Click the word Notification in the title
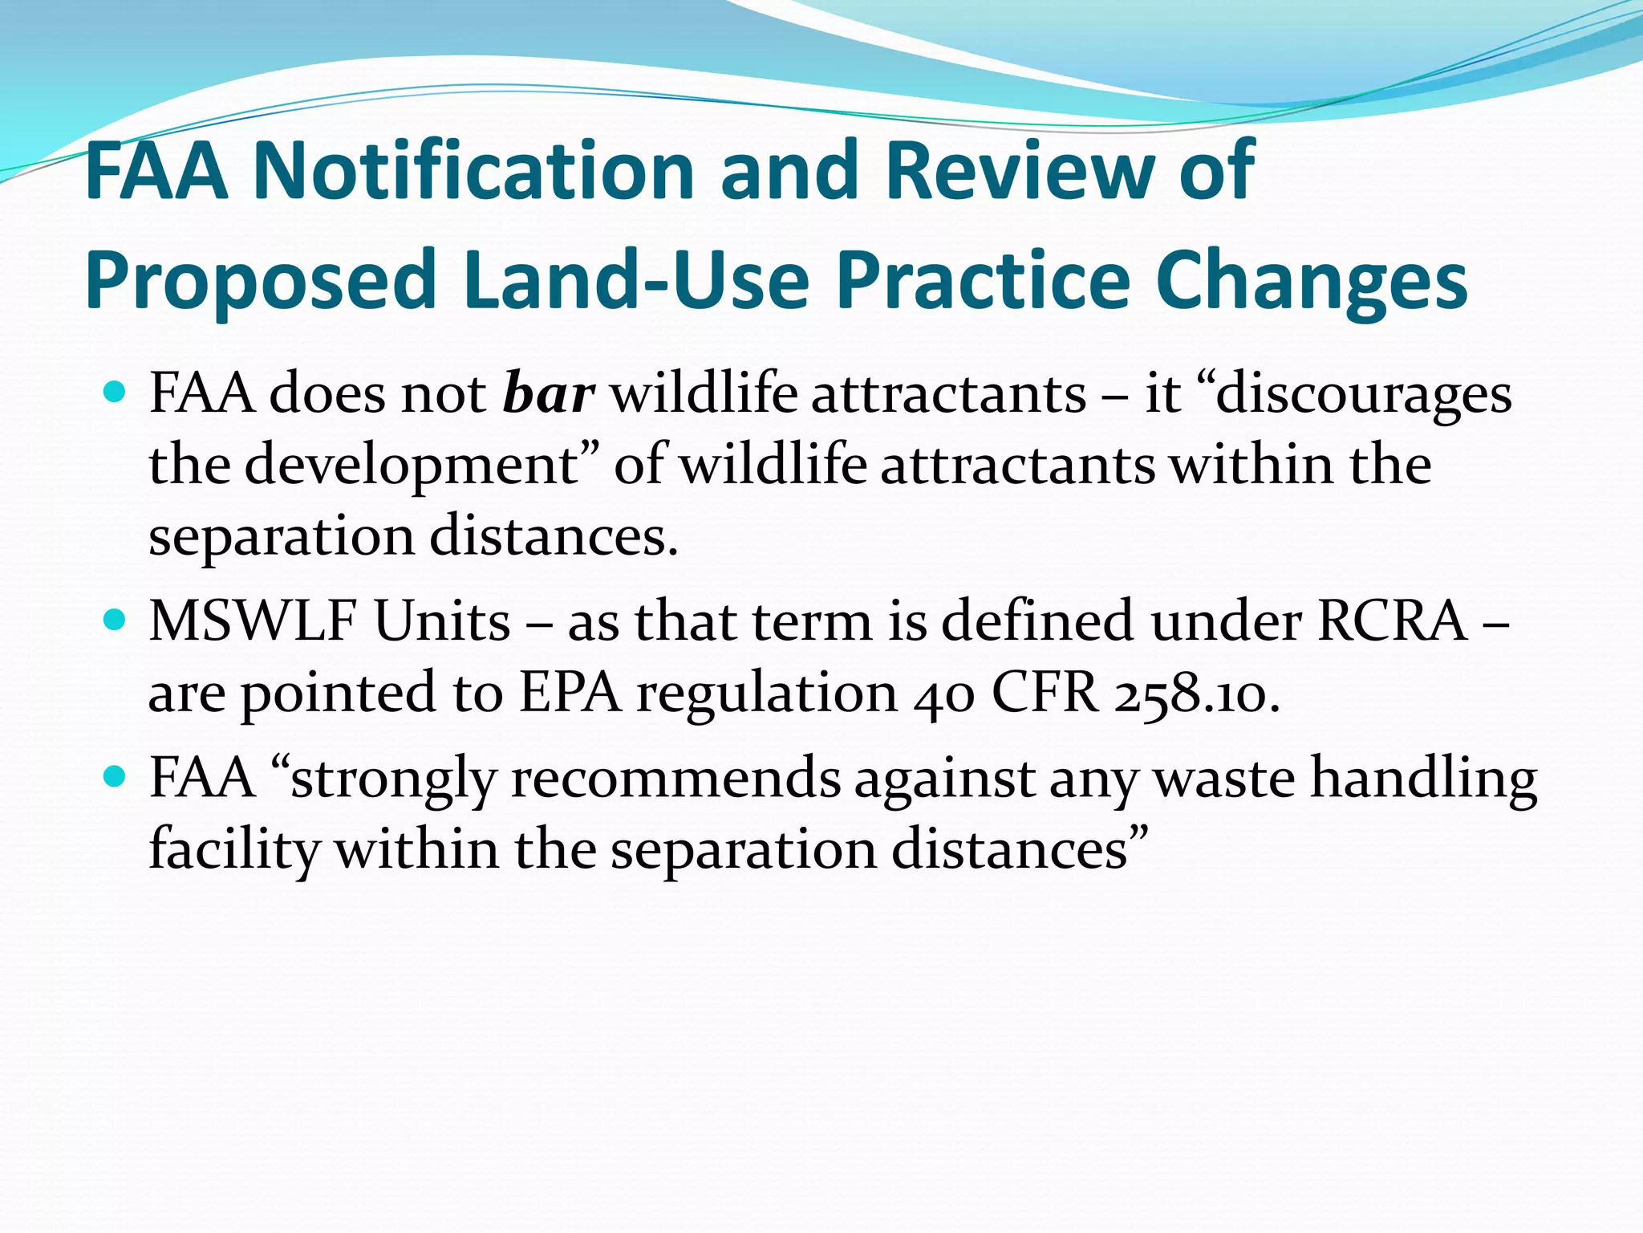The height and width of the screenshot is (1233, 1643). [473, 170]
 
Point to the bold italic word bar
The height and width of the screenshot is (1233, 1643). [549, 394]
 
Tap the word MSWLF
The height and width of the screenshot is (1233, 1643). [249, 621]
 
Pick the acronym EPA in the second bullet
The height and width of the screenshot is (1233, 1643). [570, 693]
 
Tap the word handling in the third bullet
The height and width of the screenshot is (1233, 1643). [1423, 778]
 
